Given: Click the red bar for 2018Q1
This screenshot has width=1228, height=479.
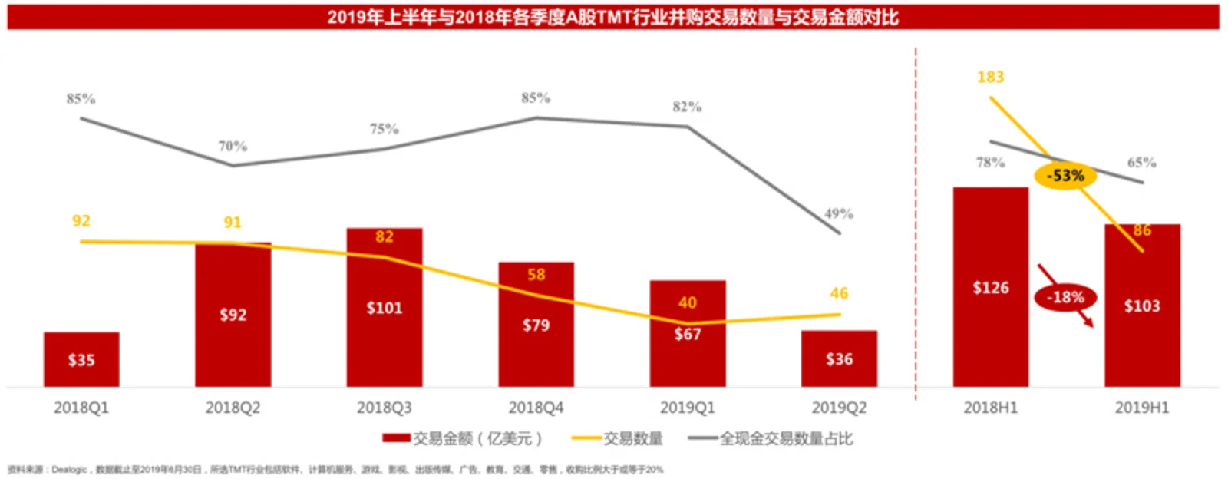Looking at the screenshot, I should [x=81, y=359].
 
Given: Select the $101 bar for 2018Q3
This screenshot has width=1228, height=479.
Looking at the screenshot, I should [x=384, y=308].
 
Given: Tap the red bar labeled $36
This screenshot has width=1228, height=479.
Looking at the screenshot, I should [x=839, y=358].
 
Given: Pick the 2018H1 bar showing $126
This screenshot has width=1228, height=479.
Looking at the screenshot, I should [x=990, y=288].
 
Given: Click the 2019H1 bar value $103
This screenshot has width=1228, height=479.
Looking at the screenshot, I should [x=1142, y=306].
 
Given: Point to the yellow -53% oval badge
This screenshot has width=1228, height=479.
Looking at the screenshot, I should [x=1065, y=176].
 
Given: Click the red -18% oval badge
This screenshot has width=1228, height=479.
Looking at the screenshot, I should [x=1065, y=297].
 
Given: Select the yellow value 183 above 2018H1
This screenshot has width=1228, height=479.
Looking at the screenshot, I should [x=990, y=77].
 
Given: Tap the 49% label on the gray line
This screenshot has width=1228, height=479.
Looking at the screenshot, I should [x=839, y=213].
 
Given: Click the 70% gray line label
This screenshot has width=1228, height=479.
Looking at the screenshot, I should [x=233, y=146].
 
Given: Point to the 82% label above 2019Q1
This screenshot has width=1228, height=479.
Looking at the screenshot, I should [x=687, y=107].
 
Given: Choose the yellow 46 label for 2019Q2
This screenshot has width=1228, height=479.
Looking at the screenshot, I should [x=839, y=293].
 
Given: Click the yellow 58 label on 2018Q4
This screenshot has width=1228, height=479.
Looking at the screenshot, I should [x=536, y=275].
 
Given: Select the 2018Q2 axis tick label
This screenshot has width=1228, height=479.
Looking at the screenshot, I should [x=233, y=408].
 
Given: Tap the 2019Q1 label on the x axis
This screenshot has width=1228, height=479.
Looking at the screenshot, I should [x=687, y=408].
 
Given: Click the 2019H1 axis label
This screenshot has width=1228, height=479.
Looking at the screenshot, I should [x=1142, y=408].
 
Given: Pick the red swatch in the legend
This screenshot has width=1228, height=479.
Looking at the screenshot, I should [x=396, y=438].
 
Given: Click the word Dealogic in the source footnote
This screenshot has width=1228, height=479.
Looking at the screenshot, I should [x=69, y=469].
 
